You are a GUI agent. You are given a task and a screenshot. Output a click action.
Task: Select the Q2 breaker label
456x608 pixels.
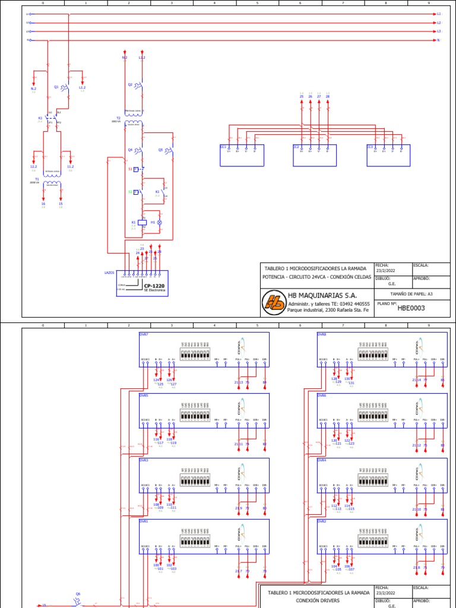click(130, 84)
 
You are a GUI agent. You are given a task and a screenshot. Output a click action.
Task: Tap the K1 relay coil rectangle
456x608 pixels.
click(142, 222)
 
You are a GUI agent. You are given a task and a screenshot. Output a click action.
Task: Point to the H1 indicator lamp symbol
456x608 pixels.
click(158, 222)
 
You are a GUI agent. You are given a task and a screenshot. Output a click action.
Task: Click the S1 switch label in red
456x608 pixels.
click(130, 169)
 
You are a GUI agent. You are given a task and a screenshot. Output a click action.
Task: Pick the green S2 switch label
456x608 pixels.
click(130, 192)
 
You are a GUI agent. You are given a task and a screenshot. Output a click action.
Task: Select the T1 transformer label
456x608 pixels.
click(37, 179)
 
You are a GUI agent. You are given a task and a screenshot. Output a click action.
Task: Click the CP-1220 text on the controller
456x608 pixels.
click(154, 286)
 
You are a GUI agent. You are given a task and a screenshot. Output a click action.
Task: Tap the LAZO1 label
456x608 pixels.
click(109, 273)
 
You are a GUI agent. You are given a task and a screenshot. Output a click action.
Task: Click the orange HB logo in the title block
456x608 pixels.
click(274, 302)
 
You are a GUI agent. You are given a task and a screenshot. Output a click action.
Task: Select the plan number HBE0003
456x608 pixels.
click(411, 308)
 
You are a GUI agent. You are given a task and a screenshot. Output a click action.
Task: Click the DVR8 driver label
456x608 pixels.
click(321, 334)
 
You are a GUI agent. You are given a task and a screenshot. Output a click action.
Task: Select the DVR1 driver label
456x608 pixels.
click(144, 521)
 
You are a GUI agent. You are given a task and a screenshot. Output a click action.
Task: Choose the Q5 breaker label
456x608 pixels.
click(160, 150)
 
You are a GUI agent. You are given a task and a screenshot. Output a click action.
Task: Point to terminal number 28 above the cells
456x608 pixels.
click(327, 96)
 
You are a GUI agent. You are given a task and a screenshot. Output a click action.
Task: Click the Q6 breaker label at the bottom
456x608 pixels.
click(78, 594)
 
